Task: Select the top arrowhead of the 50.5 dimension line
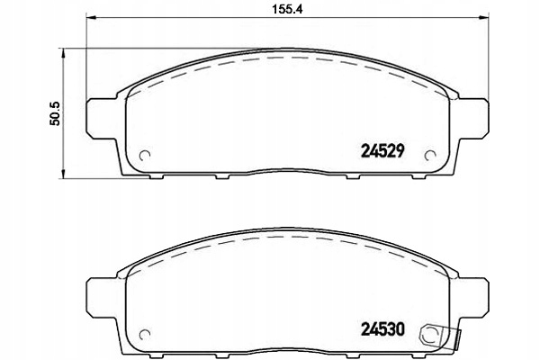coord(64,53)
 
